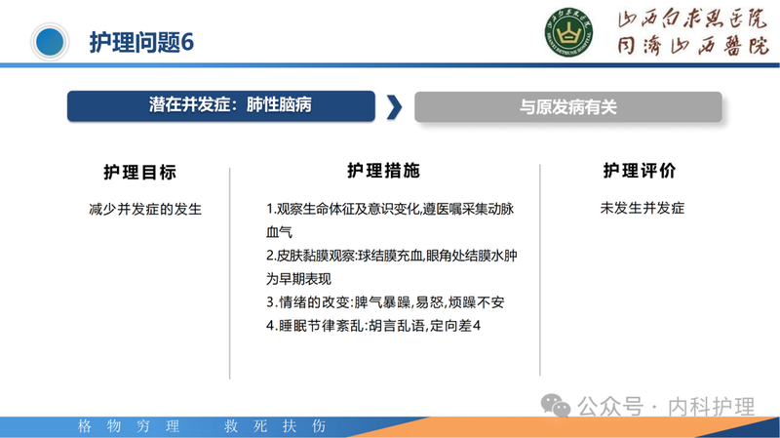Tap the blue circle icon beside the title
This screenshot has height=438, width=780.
tap(51, 42)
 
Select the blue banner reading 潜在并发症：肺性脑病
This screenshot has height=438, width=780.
tap(221, 105)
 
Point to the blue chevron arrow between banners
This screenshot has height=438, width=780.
tap(394, 107)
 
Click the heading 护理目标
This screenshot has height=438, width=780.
tap(139, 172)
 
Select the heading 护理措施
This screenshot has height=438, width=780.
tap(383, 170)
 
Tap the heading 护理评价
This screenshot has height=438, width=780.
tap(640, 171)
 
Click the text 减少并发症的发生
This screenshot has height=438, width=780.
tap(139, 208)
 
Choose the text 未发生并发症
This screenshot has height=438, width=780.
tap(643, 208)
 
